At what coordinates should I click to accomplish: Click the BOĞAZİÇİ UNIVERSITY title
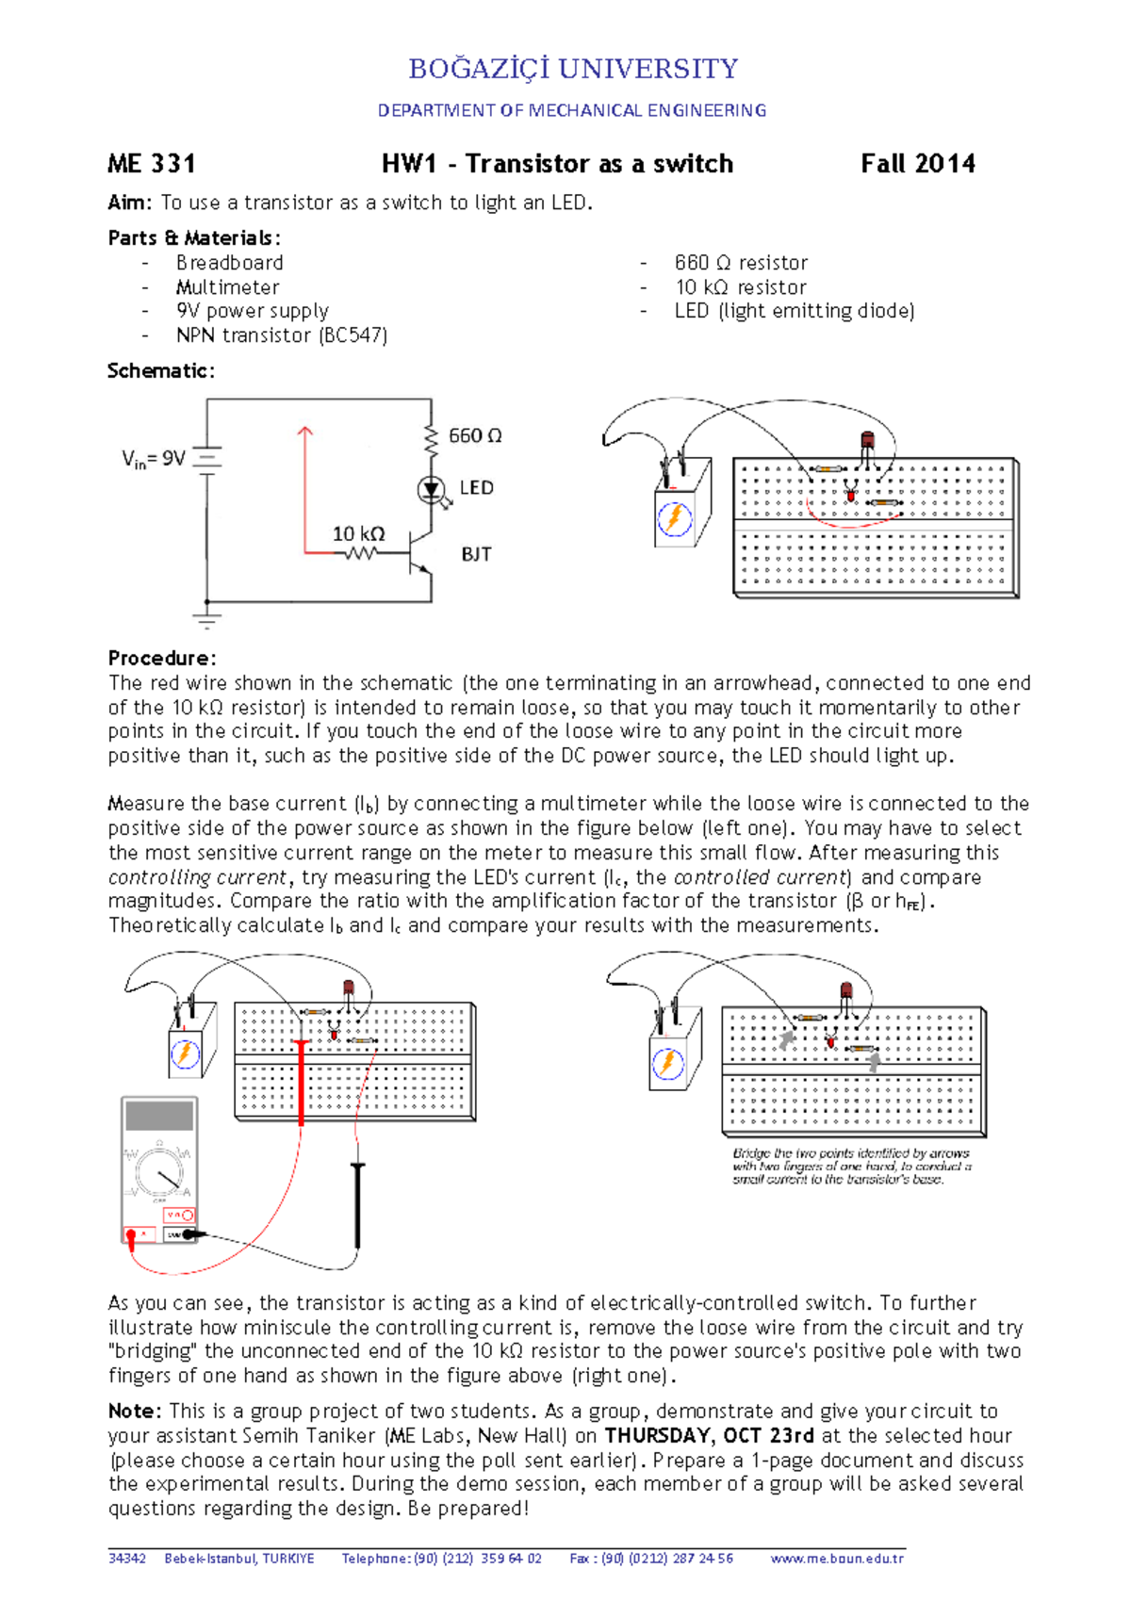point(573,69)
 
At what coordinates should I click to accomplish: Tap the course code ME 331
point(152,164)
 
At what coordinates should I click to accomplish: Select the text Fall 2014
point(917,164)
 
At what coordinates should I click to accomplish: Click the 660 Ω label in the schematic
point(475,435)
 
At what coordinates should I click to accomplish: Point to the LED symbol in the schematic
point(432,489)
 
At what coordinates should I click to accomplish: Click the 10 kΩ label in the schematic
point(358,533)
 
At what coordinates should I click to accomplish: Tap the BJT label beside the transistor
point(476,554)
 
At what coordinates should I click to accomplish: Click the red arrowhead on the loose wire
point(304,433)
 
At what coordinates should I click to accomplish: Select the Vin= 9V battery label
point(154,459)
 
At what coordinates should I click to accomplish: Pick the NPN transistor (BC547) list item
point(281,335)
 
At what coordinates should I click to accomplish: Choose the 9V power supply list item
point(252,311)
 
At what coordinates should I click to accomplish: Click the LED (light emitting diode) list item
point(794,311)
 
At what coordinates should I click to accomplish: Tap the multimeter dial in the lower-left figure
point(159,1172)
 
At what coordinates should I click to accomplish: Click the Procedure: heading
point(162,658)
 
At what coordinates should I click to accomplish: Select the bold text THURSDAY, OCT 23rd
point(709,1435)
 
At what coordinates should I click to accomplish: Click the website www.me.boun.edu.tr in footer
point(836,1559)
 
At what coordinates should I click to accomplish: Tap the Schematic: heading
point(161,370)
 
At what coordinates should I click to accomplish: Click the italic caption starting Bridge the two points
point(851,1166)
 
